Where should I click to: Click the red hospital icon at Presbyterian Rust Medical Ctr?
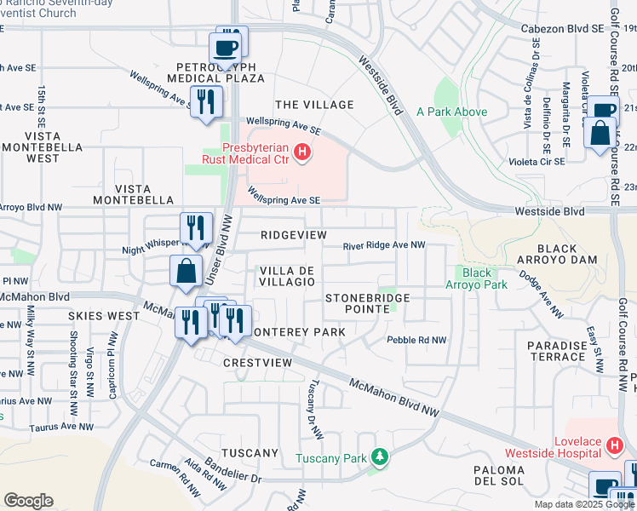301,153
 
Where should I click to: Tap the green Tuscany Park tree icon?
381,458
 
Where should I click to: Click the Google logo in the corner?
28,501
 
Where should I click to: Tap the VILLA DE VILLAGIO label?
287,276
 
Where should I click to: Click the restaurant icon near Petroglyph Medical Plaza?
205,102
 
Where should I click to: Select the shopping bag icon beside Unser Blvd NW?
185,272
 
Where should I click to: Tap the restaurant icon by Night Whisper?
195,228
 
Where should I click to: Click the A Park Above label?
451,112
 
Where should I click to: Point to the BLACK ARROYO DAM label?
557,255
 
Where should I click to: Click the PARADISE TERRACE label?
556,351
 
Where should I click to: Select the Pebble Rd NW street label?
416,340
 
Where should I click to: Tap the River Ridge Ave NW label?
384,246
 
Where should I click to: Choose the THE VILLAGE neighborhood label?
314,105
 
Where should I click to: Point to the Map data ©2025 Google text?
584,504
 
